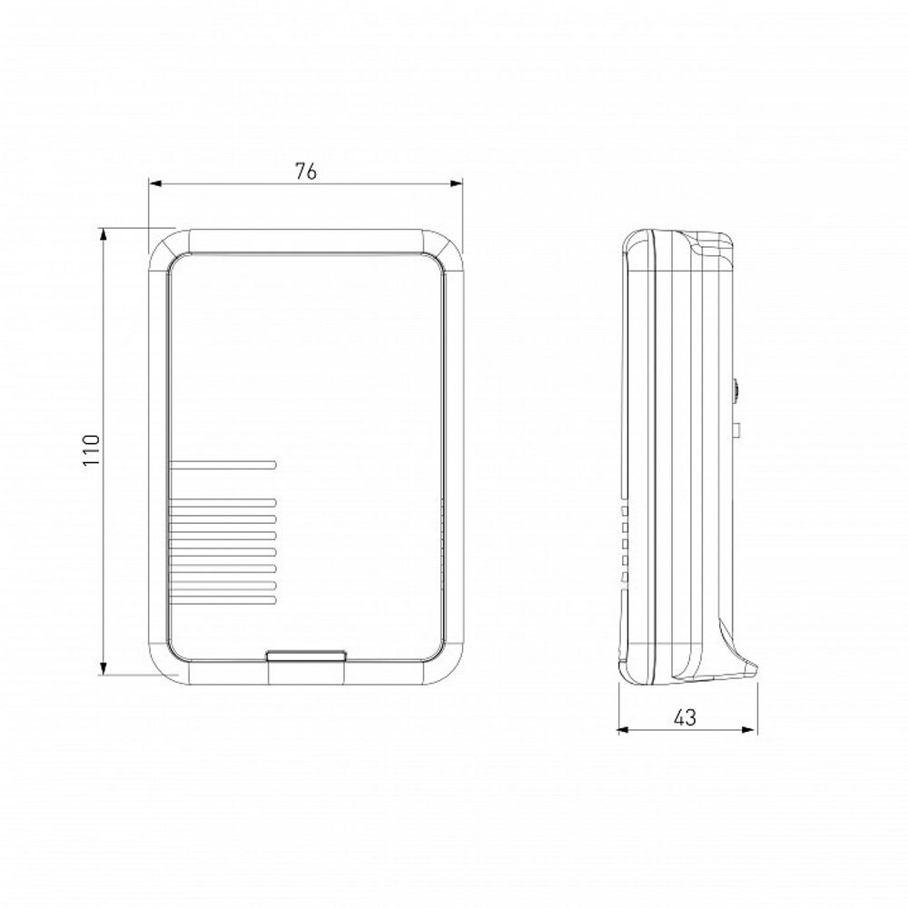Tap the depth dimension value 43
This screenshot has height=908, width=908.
point(686,717)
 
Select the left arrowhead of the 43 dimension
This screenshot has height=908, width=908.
point(623,728)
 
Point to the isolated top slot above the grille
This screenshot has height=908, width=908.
point(222,466)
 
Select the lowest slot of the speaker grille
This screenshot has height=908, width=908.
point(222,600)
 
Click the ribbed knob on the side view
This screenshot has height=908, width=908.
point(734,392)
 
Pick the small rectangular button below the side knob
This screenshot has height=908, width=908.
point(736,429)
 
